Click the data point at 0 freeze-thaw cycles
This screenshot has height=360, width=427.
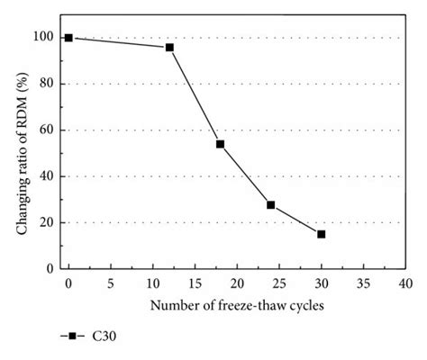(68, 38)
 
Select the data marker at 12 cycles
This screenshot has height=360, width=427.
(169, 47)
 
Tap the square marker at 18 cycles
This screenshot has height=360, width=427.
(220, 144)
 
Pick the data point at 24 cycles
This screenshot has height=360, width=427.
(270, 205)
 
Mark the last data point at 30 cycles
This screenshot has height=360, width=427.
(321, 234)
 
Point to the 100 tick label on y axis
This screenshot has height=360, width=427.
(40, 37)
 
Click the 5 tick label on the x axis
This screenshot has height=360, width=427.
(110, 283)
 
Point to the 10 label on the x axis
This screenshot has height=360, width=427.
(152, 283)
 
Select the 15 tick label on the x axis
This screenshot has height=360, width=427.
(195, 283)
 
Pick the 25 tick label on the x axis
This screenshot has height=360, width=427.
(278, 283)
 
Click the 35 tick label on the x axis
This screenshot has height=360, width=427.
(363, 283)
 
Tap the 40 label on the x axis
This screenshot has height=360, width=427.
(404, 283)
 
